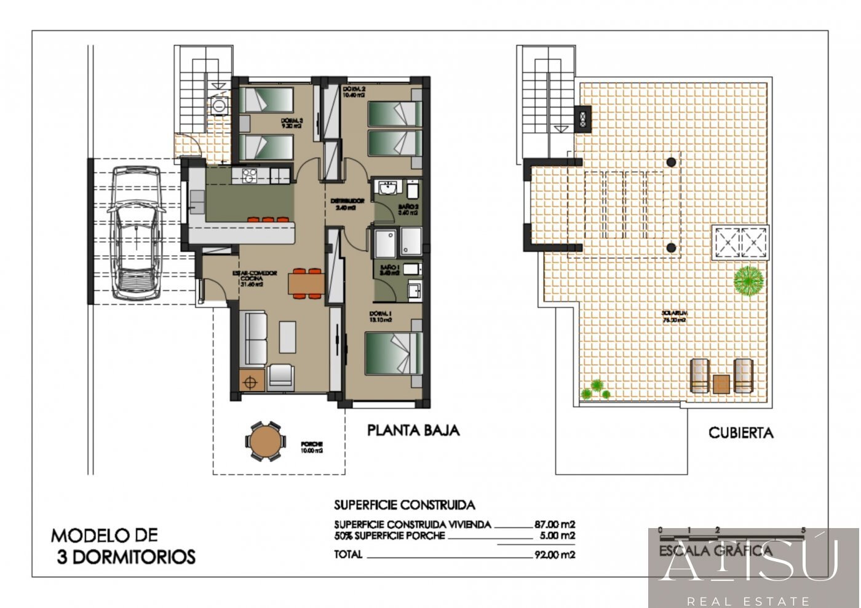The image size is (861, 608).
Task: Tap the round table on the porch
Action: point(265,441)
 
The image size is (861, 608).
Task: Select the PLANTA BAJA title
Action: point(413,430)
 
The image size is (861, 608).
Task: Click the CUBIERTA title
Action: point(740,433)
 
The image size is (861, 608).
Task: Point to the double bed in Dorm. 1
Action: point(394,353)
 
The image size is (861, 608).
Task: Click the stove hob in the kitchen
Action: point(249,176)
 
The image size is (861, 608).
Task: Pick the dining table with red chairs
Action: point(306,283)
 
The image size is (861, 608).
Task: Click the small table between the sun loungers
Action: point(721,384)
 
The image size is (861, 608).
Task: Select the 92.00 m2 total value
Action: point(555,555)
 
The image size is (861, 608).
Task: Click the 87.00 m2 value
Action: point(555,524)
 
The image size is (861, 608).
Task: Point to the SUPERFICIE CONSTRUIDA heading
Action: point(404,505)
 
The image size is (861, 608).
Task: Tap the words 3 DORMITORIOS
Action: point(126,557)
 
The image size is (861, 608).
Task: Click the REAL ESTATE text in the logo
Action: point(748,601)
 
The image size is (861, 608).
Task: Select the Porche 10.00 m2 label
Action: point(312,448)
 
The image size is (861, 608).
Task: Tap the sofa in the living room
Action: point(256,339)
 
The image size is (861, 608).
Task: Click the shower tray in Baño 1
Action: point(386,243)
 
